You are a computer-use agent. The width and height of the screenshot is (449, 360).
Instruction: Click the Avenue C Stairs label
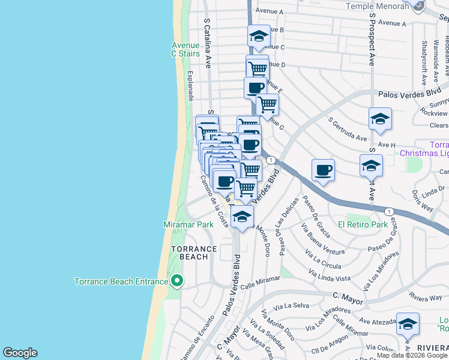pos(185,49)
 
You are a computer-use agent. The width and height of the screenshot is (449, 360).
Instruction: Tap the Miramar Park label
pos(188,224)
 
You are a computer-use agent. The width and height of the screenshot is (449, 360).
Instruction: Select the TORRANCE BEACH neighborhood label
pos(194,253)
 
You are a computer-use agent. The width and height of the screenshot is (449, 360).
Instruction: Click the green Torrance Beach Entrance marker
pos(176,281)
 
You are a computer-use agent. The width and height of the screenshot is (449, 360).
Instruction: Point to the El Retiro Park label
pos(363,224)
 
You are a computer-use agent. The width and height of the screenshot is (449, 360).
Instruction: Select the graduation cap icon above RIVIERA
pos(408,324)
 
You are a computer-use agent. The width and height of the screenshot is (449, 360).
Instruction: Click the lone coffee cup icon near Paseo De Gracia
pos(324,170)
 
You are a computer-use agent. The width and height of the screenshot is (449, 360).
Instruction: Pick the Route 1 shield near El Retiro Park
pos(390,211)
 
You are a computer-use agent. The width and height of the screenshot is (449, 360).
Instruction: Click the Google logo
pos(20,353)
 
